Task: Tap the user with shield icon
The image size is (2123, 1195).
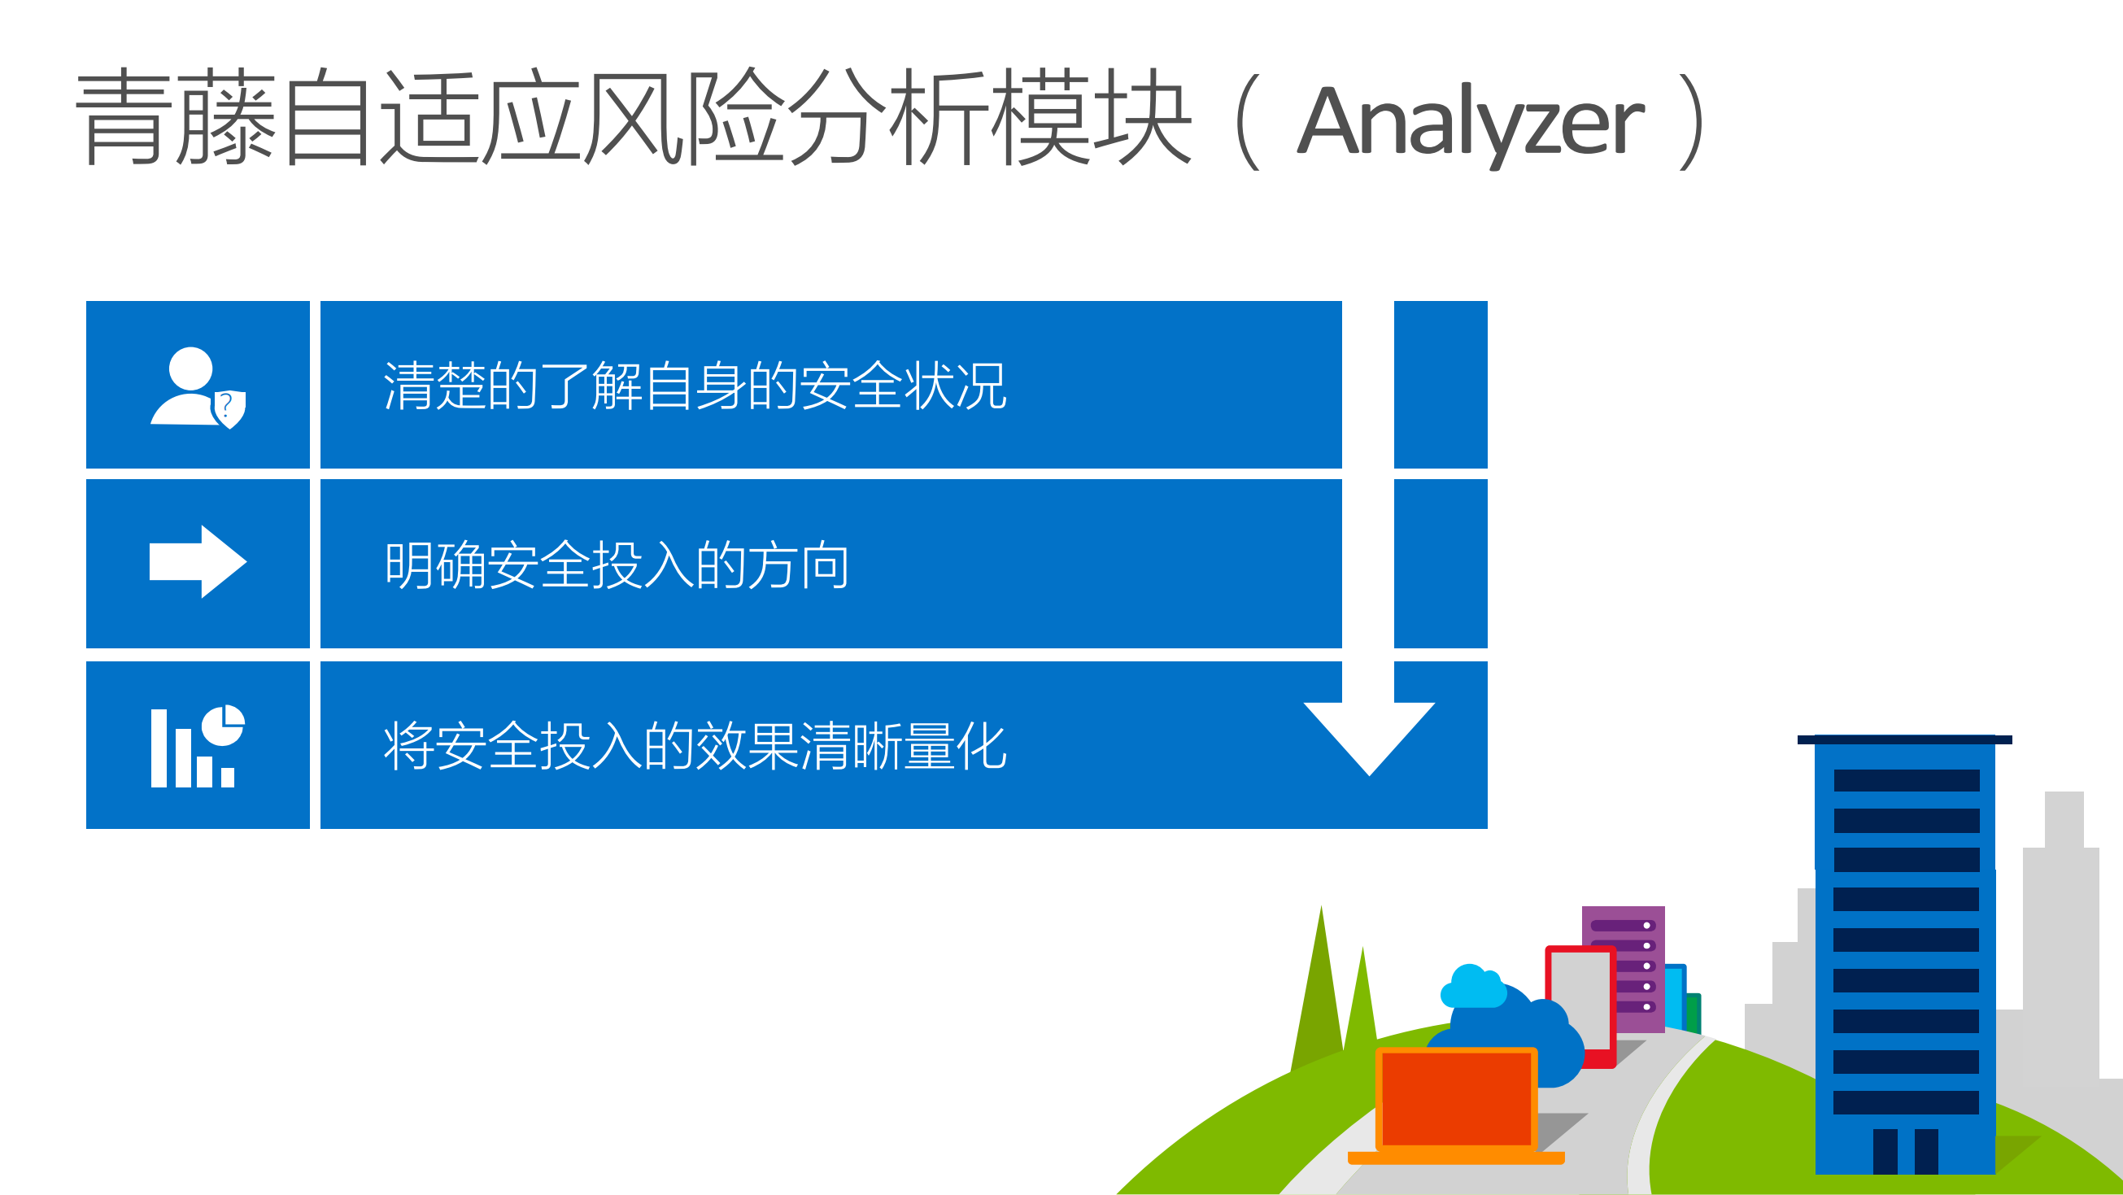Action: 197,387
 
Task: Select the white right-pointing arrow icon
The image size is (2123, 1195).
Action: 198,562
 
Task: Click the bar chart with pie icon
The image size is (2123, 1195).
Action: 197,747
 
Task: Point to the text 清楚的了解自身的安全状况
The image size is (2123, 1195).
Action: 694,386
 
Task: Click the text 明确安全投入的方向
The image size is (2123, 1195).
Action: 617,565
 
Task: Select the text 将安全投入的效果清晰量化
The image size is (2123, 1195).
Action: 694,747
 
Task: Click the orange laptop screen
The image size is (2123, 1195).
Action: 1456,1097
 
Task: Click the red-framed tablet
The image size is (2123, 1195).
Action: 1580,1001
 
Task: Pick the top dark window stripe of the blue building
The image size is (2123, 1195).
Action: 1906,779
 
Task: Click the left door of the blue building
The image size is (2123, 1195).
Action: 1885,1150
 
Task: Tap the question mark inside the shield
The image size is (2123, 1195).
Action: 226,405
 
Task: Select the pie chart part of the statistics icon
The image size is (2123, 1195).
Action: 224,725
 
